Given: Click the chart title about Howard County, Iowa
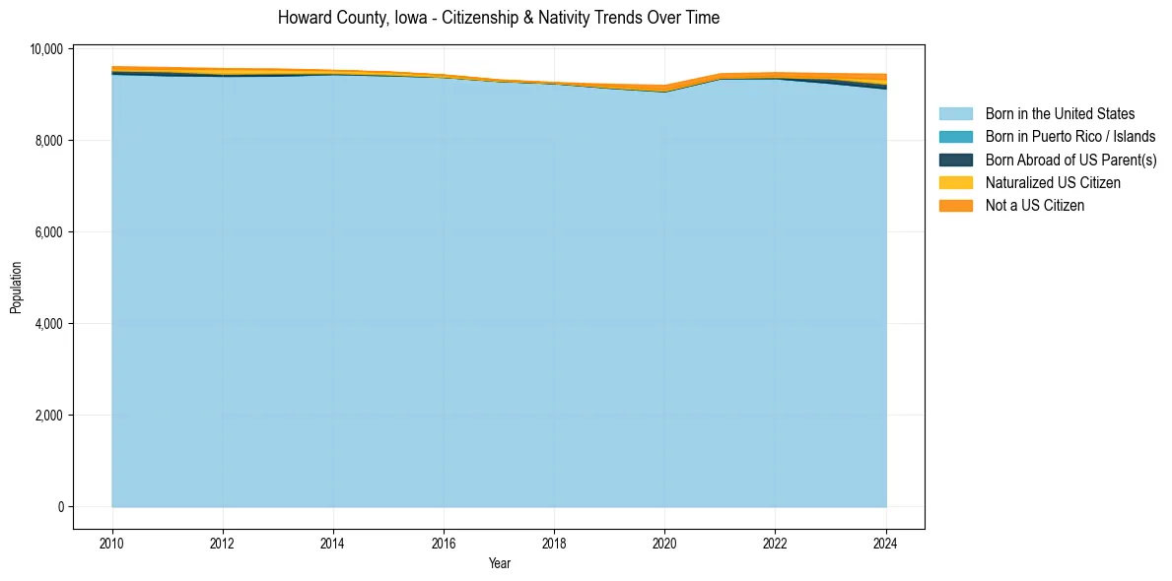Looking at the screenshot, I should (x=499, y=18).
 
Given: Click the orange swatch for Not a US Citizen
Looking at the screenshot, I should (x=955, y=206).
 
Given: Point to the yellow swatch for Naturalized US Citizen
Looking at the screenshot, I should (x=955, y=183).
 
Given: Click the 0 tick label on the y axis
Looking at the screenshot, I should (x=60, y=507).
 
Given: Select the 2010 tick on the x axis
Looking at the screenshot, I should (x=112, y=541).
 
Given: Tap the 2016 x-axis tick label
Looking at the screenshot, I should (x=444, y=541).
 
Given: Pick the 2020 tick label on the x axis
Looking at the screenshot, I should (x=665, y=541).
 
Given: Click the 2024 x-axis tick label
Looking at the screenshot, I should (x=886, y=541).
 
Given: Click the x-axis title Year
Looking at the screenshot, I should (x=499, y=563).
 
